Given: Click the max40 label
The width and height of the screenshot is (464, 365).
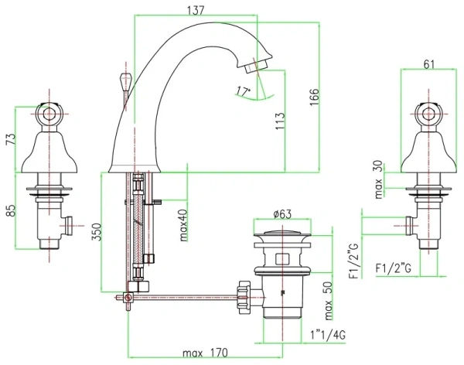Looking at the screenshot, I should point(182,225).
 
